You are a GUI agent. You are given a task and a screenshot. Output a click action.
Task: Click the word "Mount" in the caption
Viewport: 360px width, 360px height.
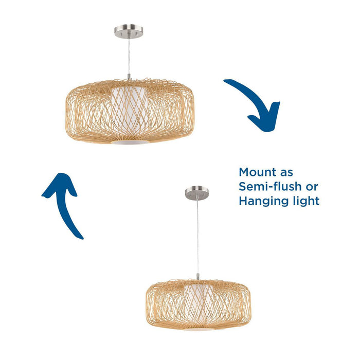click(x=258, y=172)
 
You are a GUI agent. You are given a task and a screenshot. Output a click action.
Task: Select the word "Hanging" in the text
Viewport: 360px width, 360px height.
click(x=262, y=201)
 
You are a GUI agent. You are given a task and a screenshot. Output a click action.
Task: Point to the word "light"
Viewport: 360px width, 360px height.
click(x=304, y=201)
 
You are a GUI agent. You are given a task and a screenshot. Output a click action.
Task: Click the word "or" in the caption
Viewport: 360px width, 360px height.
click(x=311, y=186)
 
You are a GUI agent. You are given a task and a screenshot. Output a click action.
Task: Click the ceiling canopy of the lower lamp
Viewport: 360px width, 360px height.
click(x=197, y=193)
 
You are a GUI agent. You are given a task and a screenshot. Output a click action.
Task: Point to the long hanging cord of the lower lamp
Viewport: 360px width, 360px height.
click(x=197, y=237)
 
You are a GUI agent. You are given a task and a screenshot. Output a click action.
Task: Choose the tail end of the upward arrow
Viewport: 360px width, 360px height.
click(x=80, y=237)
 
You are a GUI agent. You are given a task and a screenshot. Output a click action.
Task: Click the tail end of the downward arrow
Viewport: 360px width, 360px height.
click(x=226, y=82)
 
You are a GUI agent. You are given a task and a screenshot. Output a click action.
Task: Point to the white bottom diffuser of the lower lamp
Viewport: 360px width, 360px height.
click(x=197, y=328)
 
